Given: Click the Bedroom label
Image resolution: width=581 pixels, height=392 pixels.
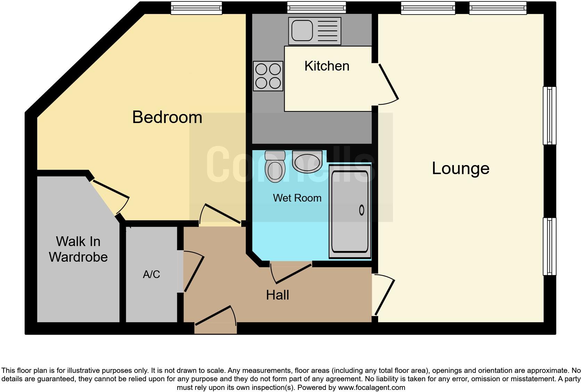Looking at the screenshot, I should pyautogui.click(x=167, y=117).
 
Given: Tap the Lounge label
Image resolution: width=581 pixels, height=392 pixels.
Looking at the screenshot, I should pyautogui.click(x=460, y=168).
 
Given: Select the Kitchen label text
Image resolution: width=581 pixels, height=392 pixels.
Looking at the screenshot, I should pyautogui.click(x=327, y=66).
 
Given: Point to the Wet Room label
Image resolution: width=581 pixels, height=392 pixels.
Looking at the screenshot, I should pyautogui.click(x=297, y=198).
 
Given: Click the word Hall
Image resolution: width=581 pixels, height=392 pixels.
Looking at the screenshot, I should pyautogui.click(x=277, y=295).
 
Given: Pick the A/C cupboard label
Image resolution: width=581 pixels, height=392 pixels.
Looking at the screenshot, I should pyautogui.click(x=152, y=275).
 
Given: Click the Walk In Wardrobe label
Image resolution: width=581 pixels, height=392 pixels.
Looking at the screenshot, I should pyautogui.click(x=78, y=249).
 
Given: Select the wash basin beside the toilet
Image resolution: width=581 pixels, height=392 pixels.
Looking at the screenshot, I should pyautogui.click(x=306, y=162).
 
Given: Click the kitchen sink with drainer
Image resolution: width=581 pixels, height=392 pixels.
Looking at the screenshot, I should pyautogui.click(x=314, y=31).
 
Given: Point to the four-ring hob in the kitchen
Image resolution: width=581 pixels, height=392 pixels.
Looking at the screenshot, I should pyautogui.click(x=268, y=76).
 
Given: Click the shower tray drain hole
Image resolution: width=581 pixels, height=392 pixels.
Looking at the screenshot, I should pyautogui.click(x=361, y=210).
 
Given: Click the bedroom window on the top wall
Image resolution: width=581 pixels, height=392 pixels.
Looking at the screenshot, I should pyautogui.click(x=196, y=8).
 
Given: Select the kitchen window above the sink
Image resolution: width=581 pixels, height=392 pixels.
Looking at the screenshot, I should pyautogui.click(x=317, y=8).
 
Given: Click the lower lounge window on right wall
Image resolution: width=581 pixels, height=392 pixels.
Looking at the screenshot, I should pyautogui.click(x=549, y=246).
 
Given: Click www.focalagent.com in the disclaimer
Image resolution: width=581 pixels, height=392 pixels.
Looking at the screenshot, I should pyautogui.click(x=371, y=387).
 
